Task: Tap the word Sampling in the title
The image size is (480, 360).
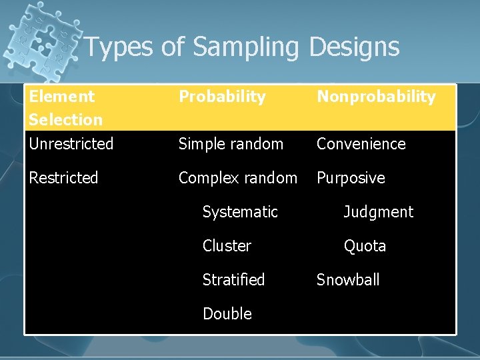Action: [247, 47]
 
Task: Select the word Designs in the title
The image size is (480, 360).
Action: [355, 47]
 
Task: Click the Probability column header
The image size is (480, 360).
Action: [222, 97]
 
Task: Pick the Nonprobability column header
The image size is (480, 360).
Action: [376, 97]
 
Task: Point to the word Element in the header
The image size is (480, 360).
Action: [62, 96]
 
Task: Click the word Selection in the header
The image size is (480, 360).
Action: [65, 119]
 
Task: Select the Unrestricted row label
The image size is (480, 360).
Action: [71, 143]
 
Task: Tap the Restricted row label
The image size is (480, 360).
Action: [63, 177]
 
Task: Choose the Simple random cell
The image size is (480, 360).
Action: [231, 143]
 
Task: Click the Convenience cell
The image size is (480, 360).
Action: [361, 143]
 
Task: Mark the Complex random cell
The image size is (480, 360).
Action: [238, 177]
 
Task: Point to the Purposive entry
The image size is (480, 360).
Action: [351, 177]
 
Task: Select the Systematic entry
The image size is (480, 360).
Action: [240, 211]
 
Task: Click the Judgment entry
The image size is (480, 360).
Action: [378, 212]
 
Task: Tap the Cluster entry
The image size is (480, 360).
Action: [227, 245]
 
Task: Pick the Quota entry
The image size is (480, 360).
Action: [365, 246]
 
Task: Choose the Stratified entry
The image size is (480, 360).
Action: [233, 279]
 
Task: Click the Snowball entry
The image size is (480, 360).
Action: [347, 279]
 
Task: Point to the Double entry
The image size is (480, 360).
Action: [227, 313]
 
